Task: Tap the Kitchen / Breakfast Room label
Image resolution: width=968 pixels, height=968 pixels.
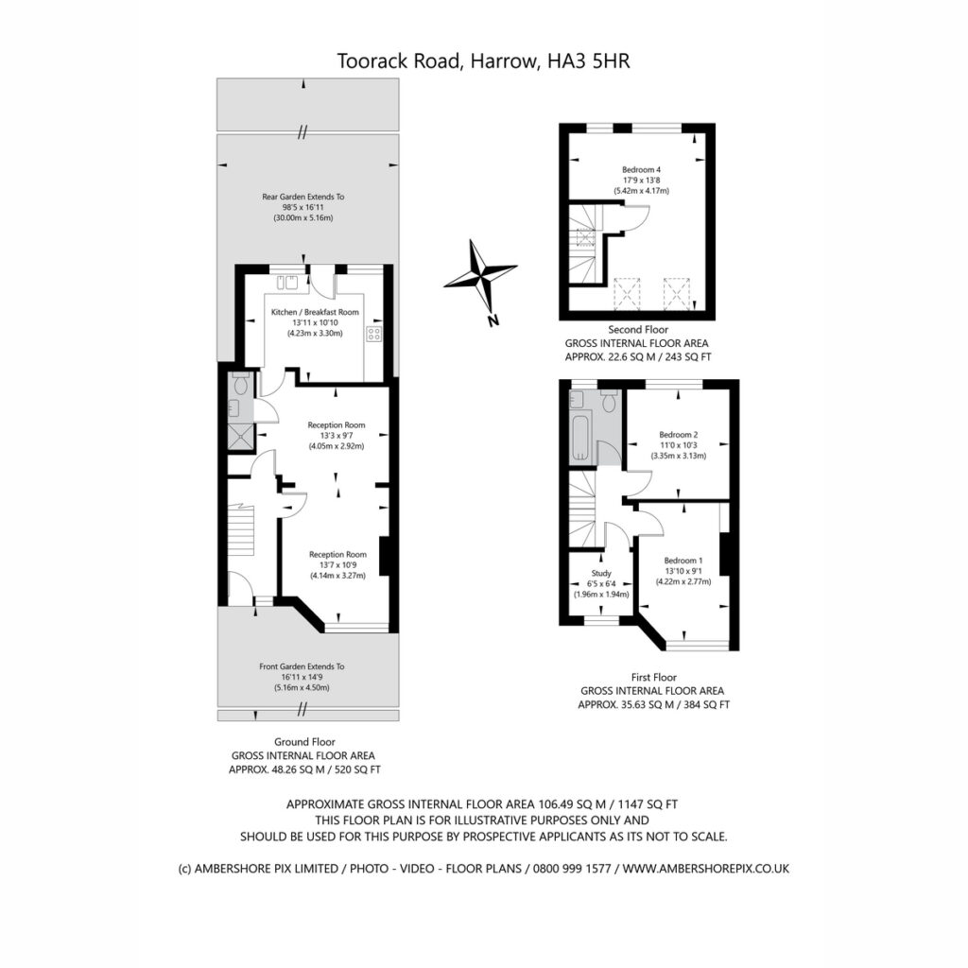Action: (x=315, y=312)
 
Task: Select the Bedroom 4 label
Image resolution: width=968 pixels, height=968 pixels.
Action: (x=642, y=170)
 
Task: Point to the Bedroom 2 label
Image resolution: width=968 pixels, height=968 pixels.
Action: (x=679, y=435)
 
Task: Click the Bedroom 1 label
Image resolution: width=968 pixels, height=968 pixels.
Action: (x=683, y=561)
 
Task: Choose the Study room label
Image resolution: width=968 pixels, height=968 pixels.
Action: (x=601, y=574)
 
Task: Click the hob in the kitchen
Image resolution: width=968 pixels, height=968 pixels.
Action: (x=373, y=334)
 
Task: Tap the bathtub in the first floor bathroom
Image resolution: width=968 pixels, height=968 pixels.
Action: (x=582, y=439)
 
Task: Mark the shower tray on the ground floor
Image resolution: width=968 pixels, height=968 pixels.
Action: (x=240, y=436)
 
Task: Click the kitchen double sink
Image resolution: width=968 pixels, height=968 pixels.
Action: (x=286, y=282)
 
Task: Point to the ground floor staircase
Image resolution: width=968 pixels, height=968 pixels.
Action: (x=241, y=529)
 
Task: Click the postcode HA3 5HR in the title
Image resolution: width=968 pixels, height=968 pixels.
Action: (x=589, y=61)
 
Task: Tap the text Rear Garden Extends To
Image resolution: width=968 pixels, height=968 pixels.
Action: (x=303, y=197)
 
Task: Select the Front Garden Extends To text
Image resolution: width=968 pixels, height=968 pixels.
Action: (x=302, y=666)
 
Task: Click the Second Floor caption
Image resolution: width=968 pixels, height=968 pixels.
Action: (x=638, y=330)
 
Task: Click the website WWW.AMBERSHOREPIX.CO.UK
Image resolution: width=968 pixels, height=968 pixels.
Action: (x=705, y=869)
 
